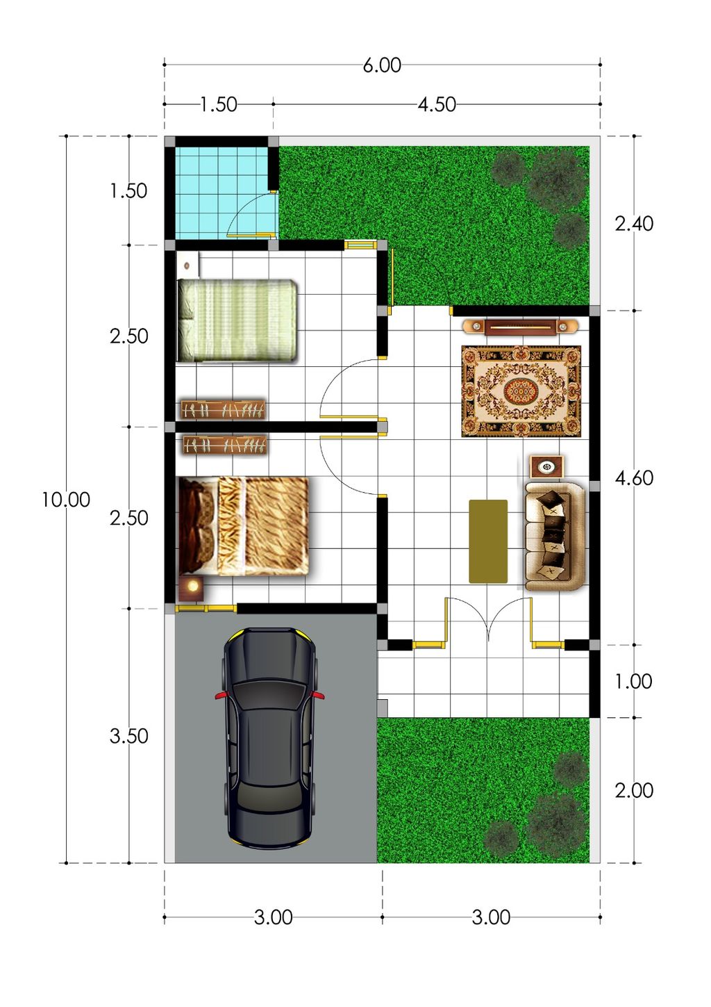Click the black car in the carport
tap(269, 739)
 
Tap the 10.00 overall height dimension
tap(66, 500)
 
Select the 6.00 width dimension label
tap(382, 65)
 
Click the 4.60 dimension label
tap(634, 478)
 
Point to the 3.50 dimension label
tap(129, 736)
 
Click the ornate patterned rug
tap(521, 391)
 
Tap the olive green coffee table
tap(488, 541)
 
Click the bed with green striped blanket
tap(237, 320)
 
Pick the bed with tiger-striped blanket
tap(244, 526)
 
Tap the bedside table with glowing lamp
tap(192, 589)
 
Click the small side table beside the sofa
tap(546, 467)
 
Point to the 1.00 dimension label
tap(634, 681)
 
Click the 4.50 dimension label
tap(437, 105)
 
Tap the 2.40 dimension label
tap(634, 223)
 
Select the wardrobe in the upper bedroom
tap(223, 409)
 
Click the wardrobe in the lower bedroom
tap(224, 445)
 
